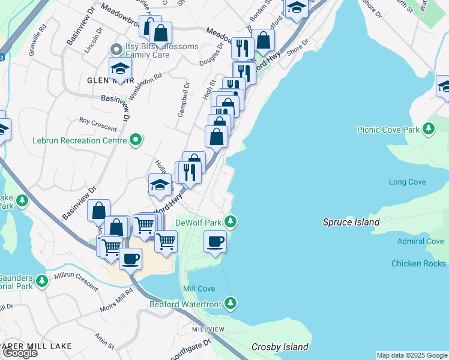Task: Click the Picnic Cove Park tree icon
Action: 428,129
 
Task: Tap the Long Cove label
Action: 407,182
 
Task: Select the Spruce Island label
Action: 351,222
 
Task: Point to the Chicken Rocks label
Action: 418,263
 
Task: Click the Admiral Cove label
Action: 420,241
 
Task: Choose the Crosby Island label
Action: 280,347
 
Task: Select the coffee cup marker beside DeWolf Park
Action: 215,243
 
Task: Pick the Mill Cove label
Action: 199,289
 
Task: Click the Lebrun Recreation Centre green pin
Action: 136,140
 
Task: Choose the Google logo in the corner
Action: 20,353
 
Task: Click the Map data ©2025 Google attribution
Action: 412,355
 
